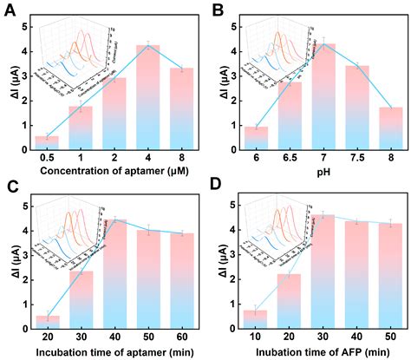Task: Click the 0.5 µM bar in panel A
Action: point(47,141)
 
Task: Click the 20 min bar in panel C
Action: point(47,320)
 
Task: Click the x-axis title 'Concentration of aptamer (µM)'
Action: point(116,172)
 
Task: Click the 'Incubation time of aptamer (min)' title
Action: point(116,350)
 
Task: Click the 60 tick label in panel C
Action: point(185,336)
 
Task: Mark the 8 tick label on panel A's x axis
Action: point(185,157)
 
